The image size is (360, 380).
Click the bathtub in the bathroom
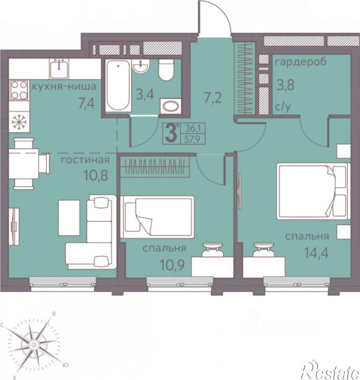click(118, 85)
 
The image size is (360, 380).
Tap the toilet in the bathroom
click(166, 70)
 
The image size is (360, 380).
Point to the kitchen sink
click(59, 69)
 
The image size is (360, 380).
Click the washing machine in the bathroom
click(170, 106)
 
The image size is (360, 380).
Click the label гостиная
click(85, 160)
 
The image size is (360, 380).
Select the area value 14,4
click(316, 253)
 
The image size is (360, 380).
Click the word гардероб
click(301, 62)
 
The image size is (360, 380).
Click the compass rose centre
click(34, 345)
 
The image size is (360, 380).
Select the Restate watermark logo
click(331, 370)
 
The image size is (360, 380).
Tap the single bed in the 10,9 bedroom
click(157, 217)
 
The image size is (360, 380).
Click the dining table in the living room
click(23, 164)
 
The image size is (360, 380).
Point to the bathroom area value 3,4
click(145, 94)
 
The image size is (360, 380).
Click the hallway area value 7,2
click(213, 98)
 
